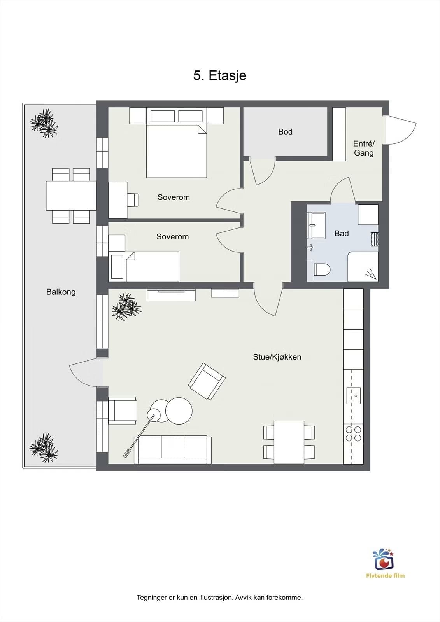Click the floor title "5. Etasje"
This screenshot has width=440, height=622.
tap(220, 76)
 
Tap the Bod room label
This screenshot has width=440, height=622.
tap(285, 132)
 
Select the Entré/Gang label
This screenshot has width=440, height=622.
tap(364, 148)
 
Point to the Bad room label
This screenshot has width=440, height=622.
tap(342, 234)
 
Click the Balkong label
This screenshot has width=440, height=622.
tap(61, 292)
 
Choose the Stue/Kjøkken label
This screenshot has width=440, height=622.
tap(277, 357)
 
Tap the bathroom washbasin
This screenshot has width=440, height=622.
tap(316, 225)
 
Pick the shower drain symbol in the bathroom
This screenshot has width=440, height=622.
tap(371, 274)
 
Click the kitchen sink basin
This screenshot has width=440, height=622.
tap(354, 396)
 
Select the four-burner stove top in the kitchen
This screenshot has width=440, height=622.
tap(354, 434)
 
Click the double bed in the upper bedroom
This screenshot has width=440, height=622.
tap(177, 143)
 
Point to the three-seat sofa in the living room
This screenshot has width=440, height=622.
tap(173, 449)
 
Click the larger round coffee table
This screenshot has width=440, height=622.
tap(179, 411)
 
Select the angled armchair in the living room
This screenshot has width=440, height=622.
tap(207, 381)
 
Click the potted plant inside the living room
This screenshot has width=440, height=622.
tap(126, 307)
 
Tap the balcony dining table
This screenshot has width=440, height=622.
tap(71, 196)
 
